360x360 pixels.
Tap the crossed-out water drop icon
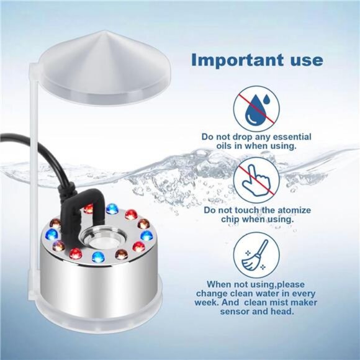point(256,107)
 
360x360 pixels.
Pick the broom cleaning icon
point(256,255)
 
